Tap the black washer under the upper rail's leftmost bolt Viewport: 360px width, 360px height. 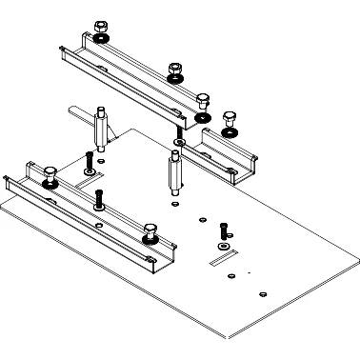100,37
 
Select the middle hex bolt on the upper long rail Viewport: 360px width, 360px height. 174,70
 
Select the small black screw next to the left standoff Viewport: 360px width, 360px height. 88,160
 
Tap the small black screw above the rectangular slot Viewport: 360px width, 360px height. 223,230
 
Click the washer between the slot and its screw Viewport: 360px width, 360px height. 224,243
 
